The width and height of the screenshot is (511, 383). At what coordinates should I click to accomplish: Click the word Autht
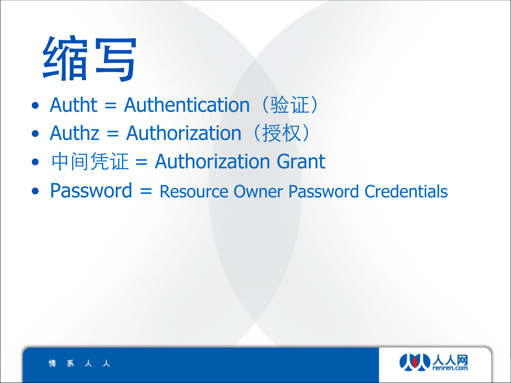click(x=74, y=105)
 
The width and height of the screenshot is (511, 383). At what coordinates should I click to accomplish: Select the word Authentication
click(x=187, y=105)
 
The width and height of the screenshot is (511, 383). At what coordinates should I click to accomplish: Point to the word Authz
click(x=75, y=133)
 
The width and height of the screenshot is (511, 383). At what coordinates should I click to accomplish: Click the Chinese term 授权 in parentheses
click(x=281, y=133)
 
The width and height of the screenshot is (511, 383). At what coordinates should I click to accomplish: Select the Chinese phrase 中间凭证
click(x=90, y=161)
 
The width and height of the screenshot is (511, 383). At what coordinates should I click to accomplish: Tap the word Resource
click(x=194, y=192)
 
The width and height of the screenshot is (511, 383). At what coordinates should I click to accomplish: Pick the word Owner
click(x=258, y=192)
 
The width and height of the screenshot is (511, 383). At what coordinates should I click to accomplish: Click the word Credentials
click(x=406, y=192)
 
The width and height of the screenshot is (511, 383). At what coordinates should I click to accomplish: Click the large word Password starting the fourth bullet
click(x=91, y=191)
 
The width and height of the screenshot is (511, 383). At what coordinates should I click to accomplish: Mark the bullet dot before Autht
click(x=35, y=105)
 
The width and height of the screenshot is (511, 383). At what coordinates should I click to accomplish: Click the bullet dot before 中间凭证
click(x=35, y=162)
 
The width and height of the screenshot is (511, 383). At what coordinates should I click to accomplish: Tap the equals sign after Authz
click(x=113, y=134)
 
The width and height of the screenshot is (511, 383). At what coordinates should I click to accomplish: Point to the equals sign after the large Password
click(x=146, y=191)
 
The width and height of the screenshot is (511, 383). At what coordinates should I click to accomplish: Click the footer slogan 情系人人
click(x=79, y=363)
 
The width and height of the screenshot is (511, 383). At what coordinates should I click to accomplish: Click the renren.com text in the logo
click(x=450, y=368)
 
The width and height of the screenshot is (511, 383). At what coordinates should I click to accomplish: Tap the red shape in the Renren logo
click(x=415, y=362)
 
